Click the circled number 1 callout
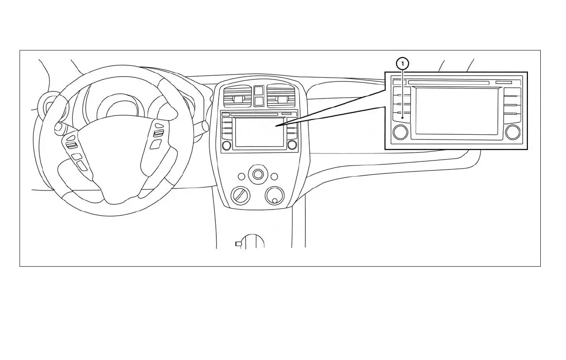click(x=403, y=63)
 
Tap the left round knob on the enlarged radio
click(x=400, y=132)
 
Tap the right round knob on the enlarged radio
click(x=513, y=132)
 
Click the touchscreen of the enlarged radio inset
click(x=456, y=111)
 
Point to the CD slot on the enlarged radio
click(x=448, y=82)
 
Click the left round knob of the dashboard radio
click(x=227, y=145)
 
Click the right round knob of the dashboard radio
click(x=292, y=145)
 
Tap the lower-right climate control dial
click(x=274, y=195)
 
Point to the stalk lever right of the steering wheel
click(x=203, y=127)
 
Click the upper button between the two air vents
click(x=259, y=90)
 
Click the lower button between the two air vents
click(x=259, y=100)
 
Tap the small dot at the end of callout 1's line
click(x=403, y=117)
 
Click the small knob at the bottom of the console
click(x=238, y=244)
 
